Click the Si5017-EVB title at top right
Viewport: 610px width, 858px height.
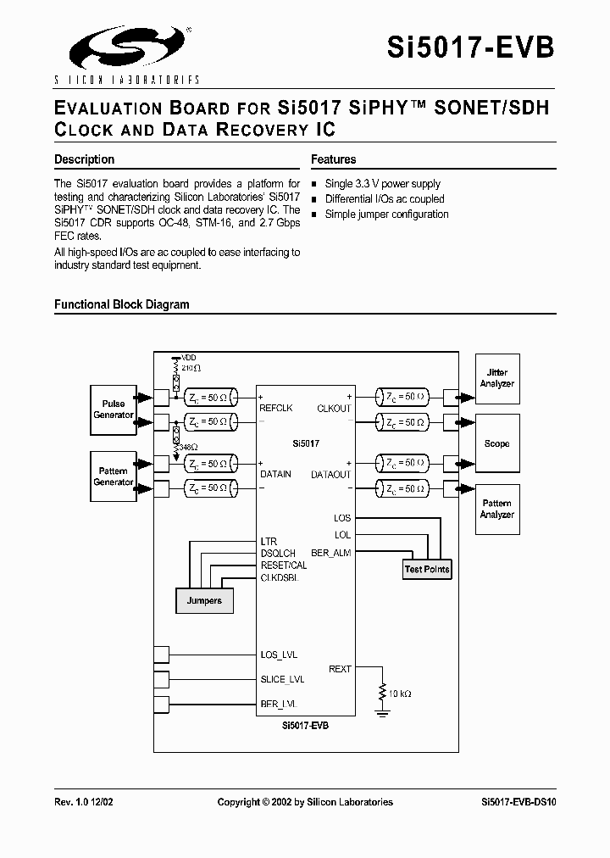[x=471, y=47]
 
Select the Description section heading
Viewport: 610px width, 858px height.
[x=84, y=159]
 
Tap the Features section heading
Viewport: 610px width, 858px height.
[x=333, y=159]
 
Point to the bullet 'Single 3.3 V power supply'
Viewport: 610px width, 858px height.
[x=382, y=184]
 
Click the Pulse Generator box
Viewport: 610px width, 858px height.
[x=114, y=409]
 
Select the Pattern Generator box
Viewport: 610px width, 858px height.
[x=114, y=476]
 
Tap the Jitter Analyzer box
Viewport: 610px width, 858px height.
[x=496, y=378]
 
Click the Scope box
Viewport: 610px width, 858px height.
[x=496, y=443]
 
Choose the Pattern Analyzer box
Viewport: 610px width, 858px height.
[x=496, y=509]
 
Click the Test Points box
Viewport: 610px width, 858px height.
[x=427, y=569]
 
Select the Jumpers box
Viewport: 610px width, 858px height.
[x=204, y=600]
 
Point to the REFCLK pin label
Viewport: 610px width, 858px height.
[x=275, y=408]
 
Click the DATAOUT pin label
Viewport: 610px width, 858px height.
[x=330, y=475]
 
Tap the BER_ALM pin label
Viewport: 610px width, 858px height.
[x=331, y=552]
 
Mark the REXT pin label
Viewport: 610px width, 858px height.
[x=340, y=669]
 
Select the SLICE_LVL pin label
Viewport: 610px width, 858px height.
[x=282, y=679]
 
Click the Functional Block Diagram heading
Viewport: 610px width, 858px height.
[x=121, y=304]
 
